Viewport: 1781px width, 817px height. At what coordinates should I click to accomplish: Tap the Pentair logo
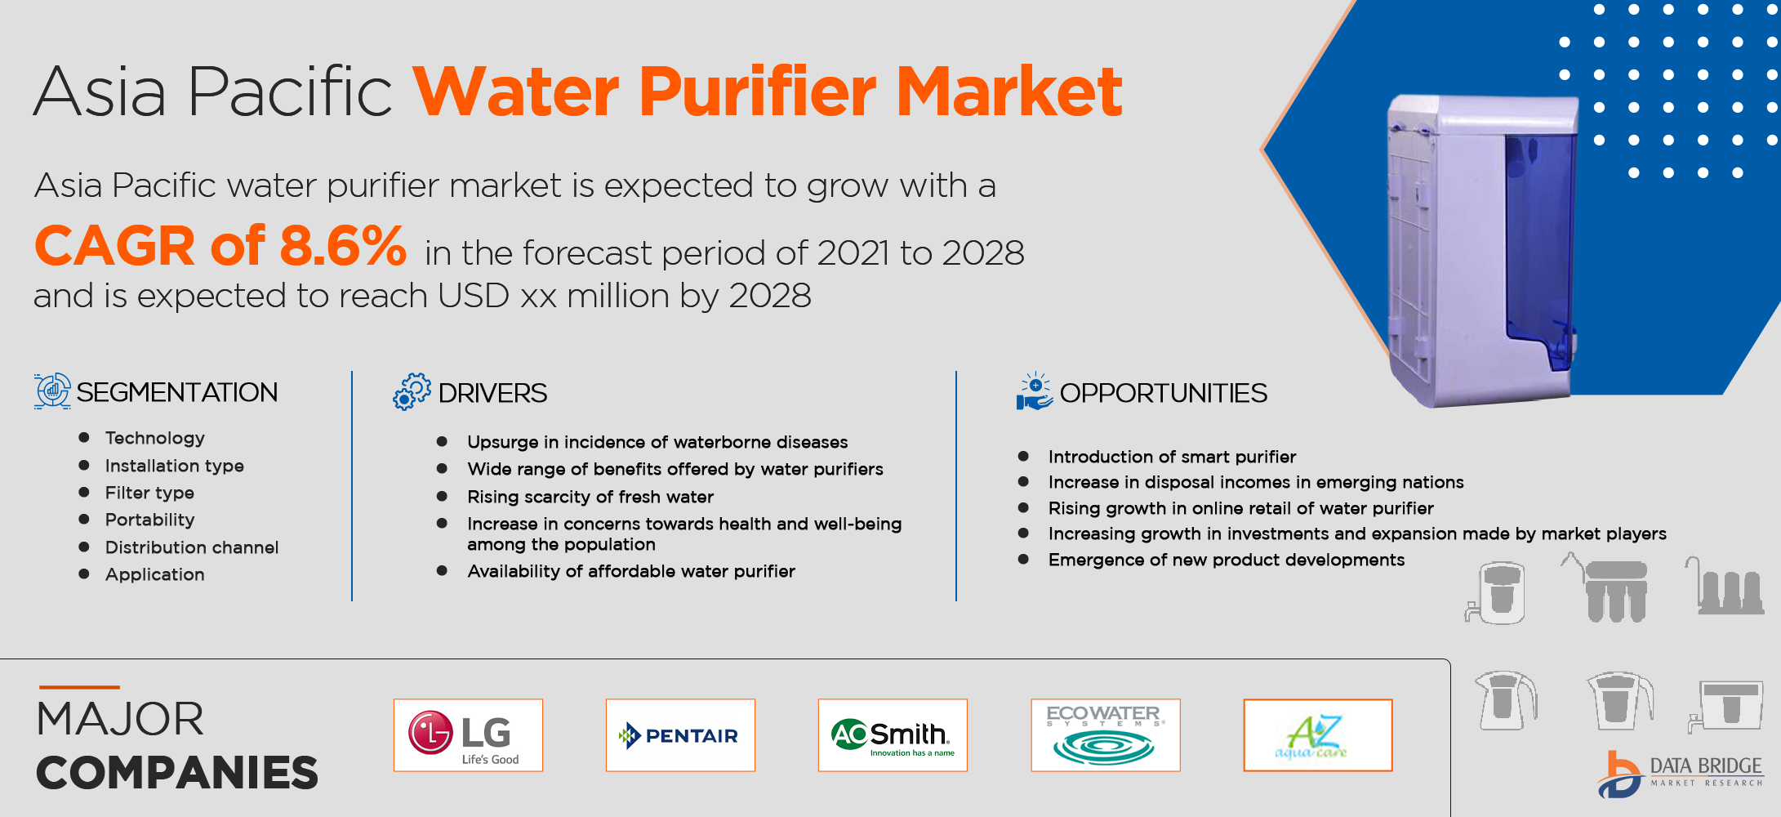680,735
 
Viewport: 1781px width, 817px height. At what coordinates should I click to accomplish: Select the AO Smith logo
893,735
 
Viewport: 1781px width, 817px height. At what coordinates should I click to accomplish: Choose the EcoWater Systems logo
1106,735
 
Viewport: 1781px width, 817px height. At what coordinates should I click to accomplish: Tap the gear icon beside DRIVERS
412,391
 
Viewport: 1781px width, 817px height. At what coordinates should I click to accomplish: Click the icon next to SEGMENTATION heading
52,391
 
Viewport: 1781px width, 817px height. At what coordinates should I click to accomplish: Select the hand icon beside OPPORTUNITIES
1035,391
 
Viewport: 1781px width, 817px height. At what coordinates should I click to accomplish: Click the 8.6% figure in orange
343,246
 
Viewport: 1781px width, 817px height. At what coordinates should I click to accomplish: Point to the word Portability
150,520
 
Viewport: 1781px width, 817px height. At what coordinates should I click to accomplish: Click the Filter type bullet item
149,493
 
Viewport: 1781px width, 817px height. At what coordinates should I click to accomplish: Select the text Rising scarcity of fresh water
590,497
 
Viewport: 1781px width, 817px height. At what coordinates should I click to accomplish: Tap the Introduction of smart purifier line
1172,457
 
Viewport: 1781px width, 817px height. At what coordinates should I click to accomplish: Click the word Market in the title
1009,92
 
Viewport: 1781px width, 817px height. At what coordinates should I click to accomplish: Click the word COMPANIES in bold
177,773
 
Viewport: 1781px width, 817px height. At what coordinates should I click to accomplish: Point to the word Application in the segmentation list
155,574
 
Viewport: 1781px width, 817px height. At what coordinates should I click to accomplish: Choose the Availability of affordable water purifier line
631,571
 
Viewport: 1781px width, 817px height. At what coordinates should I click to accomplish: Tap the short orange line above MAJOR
79,687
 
